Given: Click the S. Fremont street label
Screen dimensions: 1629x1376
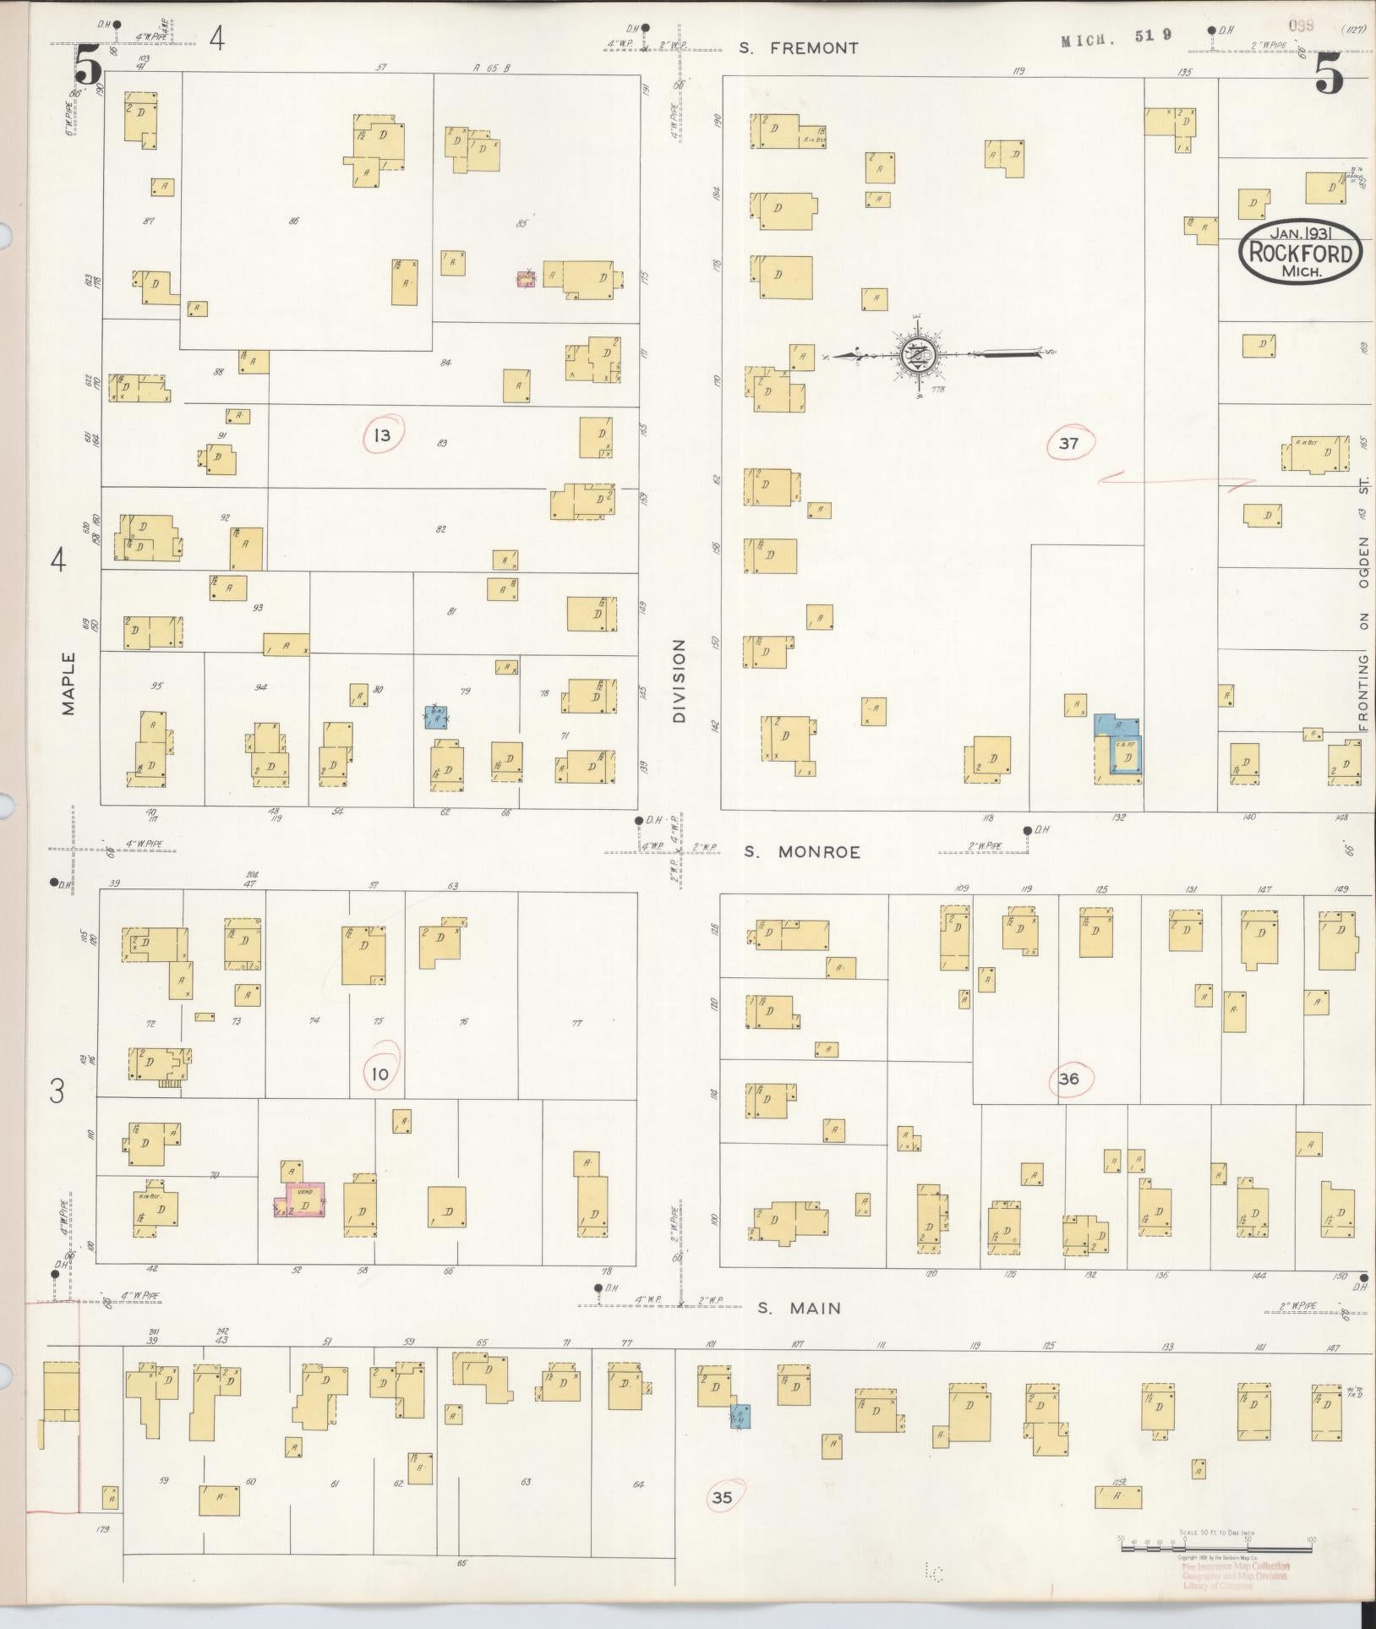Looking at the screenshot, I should pos(798,48).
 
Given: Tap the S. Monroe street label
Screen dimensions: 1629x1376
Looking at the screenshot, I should pos(801,852).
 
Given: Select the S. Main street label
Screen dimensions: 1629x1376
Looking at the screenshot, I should pos(798,1309).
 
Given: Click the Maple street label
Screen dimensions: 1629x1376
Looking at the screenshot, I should pos(68,683).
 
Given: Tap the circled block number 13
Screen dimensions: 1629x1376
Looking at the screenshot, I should pos(383,435).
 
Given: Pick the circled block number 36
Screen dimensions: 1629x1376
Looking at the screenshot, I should pos(1069,1078).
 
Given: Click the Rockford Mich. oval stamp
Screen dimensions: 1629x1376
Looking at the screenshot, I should pos(1300,253).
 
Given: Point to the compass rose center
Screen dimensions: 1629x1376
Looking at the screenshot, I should pos(916,354).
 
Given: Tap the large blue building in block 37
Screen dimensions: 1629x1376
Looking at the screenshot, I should pos(1118,744).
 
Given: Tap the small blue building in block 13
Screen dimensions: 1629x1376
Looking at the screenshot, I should pos(436,718).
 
